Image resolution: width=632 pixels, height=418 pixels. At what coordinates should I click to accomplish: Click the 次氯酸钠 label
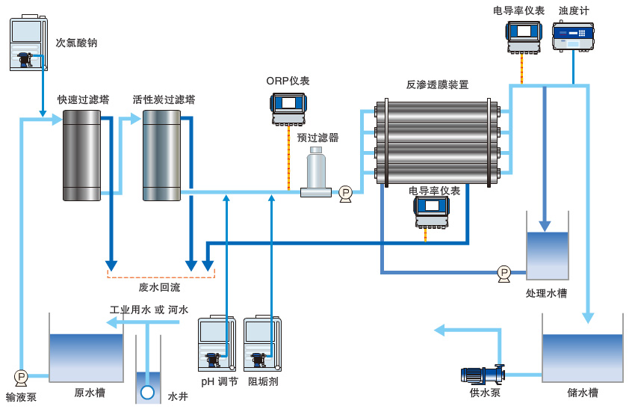(x=76, y=43)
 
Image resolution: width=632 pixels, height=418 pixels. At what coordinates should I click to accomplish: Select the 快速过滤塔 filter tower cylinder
(x=81, y=156)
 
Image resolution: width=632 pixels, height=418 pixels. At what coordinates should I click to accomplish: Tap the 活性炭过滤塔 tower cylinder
(x=161, y=156)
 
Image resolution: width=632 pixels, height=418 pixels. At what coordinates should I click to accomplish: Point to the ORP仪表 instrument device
(x=288, y=108)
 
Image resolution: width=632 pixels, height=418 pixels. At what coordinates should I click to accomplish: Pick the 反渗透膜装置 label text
(x=437, y=84)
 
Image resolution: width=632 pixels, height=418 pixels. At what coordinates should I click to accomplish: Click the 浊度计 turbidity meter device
(x=573, y=36)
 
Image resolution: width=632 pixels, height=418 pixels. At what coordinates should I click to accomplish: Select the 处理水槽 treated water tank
(x=547, y=254)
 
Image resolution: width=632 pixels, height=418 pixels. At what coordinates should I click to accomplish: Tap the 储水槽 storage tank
(x=583, y=357)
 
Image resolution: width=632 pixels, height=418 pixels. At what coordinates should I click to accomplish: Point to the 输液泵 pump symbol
(x=21, y=377)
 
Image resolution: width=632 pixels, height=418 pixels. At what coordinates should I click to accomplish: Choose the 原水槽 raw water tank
(x=86, y=357)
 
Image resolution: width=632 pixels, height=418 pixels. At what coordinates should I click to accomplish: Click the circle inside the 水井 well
(x=147, y=391)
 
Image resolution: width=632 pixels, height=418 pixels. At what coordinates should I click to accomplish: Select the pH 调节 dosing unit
(x=217, y=344)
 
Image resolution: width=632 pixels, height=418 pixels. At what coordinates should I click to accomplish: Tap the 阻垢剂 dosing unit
(x=262, y=344)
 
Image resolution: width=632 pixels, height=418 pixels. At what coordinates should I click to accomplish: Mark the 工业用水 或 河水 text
(x=149, y=310)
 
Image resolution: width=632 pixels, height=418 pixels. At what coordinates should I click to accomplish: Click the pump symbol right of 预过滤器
(x=345, y=194)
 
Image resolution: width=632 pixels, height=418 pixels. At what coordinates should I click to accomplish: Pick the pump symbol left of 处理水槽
(x=504, y=273)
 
